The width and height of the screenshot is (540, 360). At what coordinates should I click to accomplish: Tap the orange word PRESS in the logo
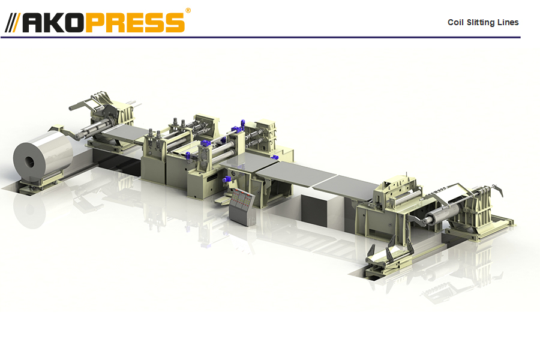click(134, 23)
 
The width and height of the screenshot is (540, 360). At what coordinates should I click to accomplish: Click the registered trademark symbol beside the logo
click(188, 11)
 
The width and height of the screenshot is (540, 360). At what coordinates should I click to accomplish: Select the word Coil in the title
click(455, 22)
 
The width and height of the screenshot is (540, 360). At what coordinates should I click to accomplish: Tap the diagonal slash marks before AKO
click(13, 23)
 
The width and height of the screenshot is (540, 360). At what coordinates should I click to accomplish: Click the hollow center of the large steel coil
click(29, 162)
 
